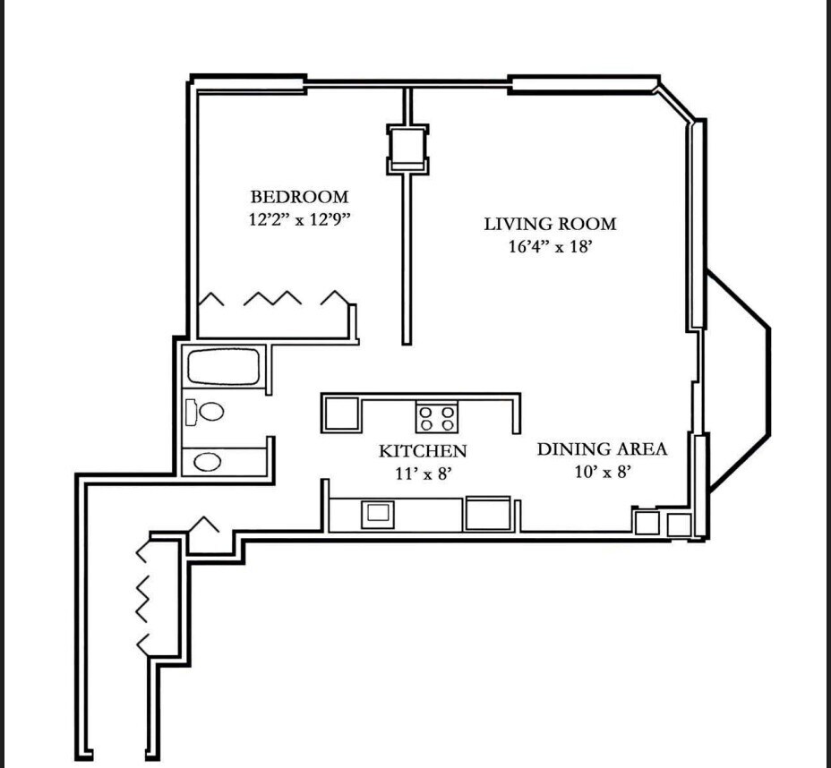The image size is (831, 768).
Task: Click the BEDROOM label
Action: pyautogui.click(x=299, y=197)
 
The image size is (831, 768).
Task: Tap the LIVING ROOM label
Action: pyautogui.click(x=550, y=224)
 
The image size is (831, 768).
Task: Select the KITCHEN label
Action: pyautogui.click(x=423, y=450)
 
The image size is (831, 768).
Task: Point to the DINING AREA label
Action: pyautogui.click(x=602, y=448)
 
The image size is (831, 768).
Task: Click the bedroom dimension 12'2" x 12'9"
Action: pyautogui.click(x=298, y=219)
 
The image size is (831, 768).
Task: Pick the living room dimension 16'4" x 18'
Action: pyautogui.click(x=550, y=246)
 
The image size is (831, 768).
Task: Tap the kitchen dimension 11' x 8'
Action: pyautogui.click(x=422, y=473)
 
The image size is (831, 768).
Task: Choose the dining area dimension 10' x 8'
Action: pyautogui.click(x=604, y=471)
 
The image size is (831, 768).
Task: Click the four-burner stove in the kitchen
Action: pyautogui.click(x=437, y=418)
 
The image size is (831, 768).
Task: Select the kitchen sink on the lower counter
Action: pyautogui.click(x=377, y=513)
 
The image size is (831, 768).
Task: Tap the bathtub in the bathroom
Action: pyautogui.click(x=222, y=367)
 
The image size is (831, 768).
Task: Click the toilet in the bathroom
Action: pyautogui.click(x=206, y=412)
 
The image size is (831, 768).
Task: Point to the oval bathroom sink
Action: pyautogui.click(x=208, y=462)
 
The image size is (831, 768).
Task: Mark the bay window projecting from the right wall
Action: pyautogui.click(x=739, y=381)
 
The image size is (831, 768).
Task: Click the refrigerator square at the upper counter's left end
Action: pyautogui.click(x=342, y=414)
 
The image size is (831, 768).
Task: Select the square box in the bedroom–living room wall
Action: pyautogui.click(x=407, y=149)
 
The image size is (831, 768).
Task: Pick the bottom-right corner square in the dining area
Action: pyautogui.click(x=679, y=524)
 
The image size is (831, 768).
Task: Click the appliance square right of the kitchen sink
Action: pyautogui.click(x=487, y=513)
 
